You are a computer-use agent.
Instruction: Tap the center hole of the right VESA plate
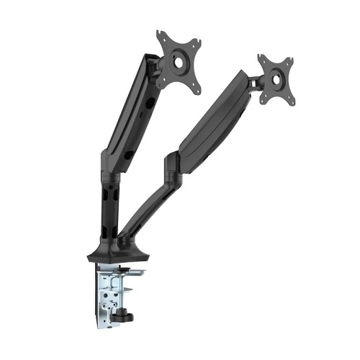[277, 78]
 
